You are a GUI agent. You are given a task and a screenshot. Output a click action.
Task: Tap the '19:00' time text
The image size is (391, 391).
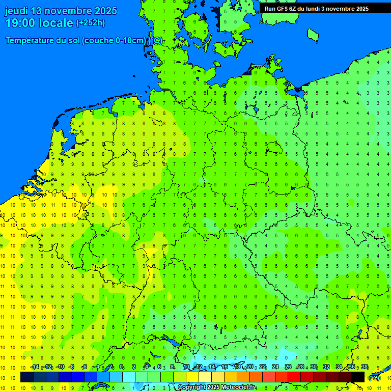[x=20, y=23]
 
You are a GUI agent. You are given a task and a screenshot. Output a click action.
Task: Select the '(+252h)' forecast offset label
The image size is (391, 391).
[x=90, y=23]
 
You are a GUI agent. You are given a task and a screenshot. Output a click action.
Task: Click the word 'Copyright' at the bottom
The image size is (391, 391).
[x=191, y=387]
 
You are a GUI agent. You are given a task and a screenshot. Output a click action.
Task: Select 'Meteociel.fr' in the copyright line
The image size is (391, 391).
[x=238, y=387]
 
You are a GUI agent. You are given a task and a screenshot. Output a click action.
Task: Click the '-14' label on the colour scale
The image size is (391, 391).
[x=35, y=367]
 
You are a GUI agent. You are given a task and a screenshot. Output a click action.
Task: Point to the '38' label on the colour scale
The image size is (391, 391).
[x=365, y=367]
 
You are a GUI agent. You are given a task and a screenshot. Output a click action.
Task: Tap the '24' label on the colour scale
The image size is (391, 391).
[x=275, y=367]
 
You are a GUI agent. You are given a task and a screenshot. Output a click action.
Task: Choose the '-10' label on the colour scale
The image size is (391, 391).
[x=60, y=367]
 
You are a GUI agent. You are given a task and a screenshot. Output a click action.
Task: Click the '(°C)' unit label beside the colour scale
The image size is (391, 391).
[x=374, y=378]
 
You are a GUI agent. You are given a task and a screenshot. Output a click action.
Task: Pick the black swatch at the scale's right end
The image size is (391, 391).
[x=358, y=377]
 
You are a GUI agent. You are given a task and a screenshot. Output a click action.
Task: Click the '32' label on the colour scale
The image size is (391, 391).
[x=326, y=367]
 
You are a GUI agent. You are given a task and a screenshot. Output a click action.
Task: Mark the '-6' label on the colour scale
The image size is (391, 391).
[x=85, y=367]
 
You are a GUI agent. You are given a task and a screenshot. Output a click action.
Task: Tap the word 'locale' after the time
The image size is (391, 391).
[x=58, y=23]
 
